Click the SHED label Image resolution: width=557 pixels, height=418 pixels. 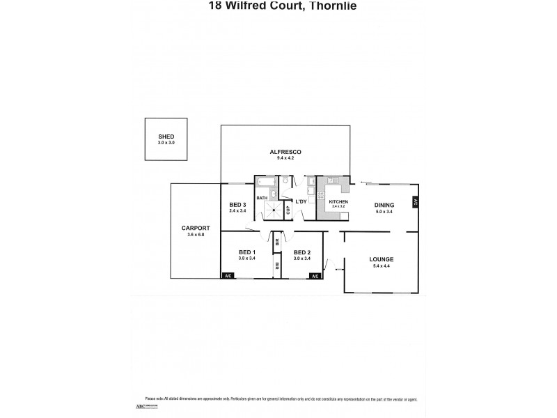pos(166,137)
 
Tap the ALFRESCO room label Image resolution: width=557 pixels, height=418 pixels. pos(285,152)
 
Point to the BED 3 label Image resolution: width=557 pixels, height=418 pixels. pos(238,204)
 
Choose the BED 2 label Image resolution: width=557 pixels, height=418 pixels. pos(301,251)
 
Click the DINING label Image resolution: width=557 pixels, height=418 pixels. pos(384,204)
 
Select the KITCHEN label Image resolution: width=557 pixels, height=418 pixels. pos(338,201)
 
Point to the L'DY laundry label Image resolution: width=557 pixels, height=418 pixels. pos(301,201)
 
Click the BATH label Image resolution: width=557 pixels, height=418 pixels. pos(262,198)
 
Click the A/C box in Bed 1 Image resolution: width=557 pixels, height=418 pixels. pos(228,276)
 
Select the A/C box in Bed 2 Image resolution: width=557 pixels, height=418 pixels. pos(315,276)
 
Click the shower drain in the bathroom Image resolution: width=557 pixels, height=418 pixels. pos(274,209)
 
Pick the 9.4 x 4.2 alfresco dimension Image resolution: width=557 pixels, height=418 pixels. pos(285,158)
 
